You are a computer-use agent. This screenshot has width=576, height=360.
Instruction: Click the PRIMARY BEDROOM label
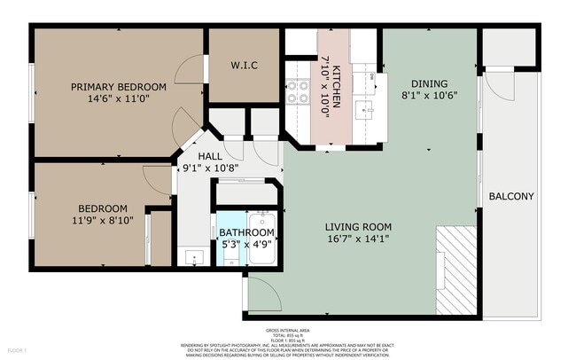tap(119, 87)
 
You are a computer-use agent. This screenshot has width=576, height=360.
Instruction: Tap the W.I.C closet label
tap(245, 64)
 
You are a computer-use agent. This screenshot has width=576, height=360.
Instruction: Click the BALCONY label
tap(511, 196)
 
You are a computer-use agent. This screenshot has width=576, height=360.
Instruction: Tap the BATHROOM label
tap(247, 232)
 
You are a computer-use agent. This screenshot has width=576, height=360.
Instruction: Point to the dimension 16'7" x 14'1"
tap(358, 238)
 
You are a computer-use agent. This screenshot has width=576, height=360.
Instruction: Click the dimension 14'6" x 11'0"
tap(119, 99)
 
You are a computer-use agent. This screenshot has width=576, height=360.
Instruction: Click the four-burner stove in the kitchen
tap(297, 90)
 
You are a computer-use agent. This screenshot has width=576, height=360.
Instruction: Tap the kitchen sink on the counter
tap(363, 111)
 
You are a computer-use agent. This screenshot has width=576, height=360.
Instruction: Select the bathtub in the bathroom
tap(263, 238)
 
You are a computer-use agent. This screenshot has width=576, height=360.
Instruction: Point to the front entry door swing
tap(263, 293)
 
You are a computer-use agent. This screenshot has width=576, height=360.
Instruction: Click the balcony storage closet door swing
tap(498, 86)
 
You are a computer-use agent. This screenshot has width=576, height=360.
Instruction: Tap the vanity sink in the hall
tap(194, 258)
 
